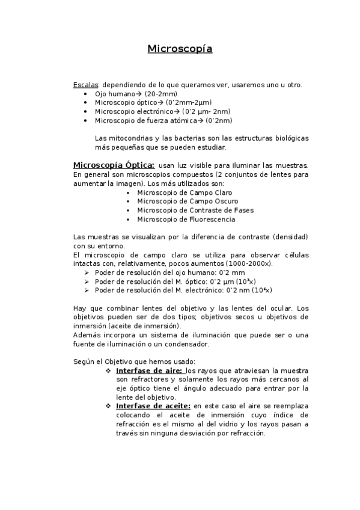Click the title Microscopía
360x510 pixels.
point(180,49)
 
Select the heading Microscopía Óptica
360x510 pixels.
point(114,165)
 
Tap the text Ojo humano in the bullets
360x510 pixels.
point(114,94)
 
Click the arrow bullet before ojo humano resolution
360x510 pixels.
point(87,272)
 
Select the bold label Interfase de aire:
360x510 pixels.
point(150,370)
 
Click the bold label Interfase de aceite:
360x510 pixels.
point(153,406)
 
